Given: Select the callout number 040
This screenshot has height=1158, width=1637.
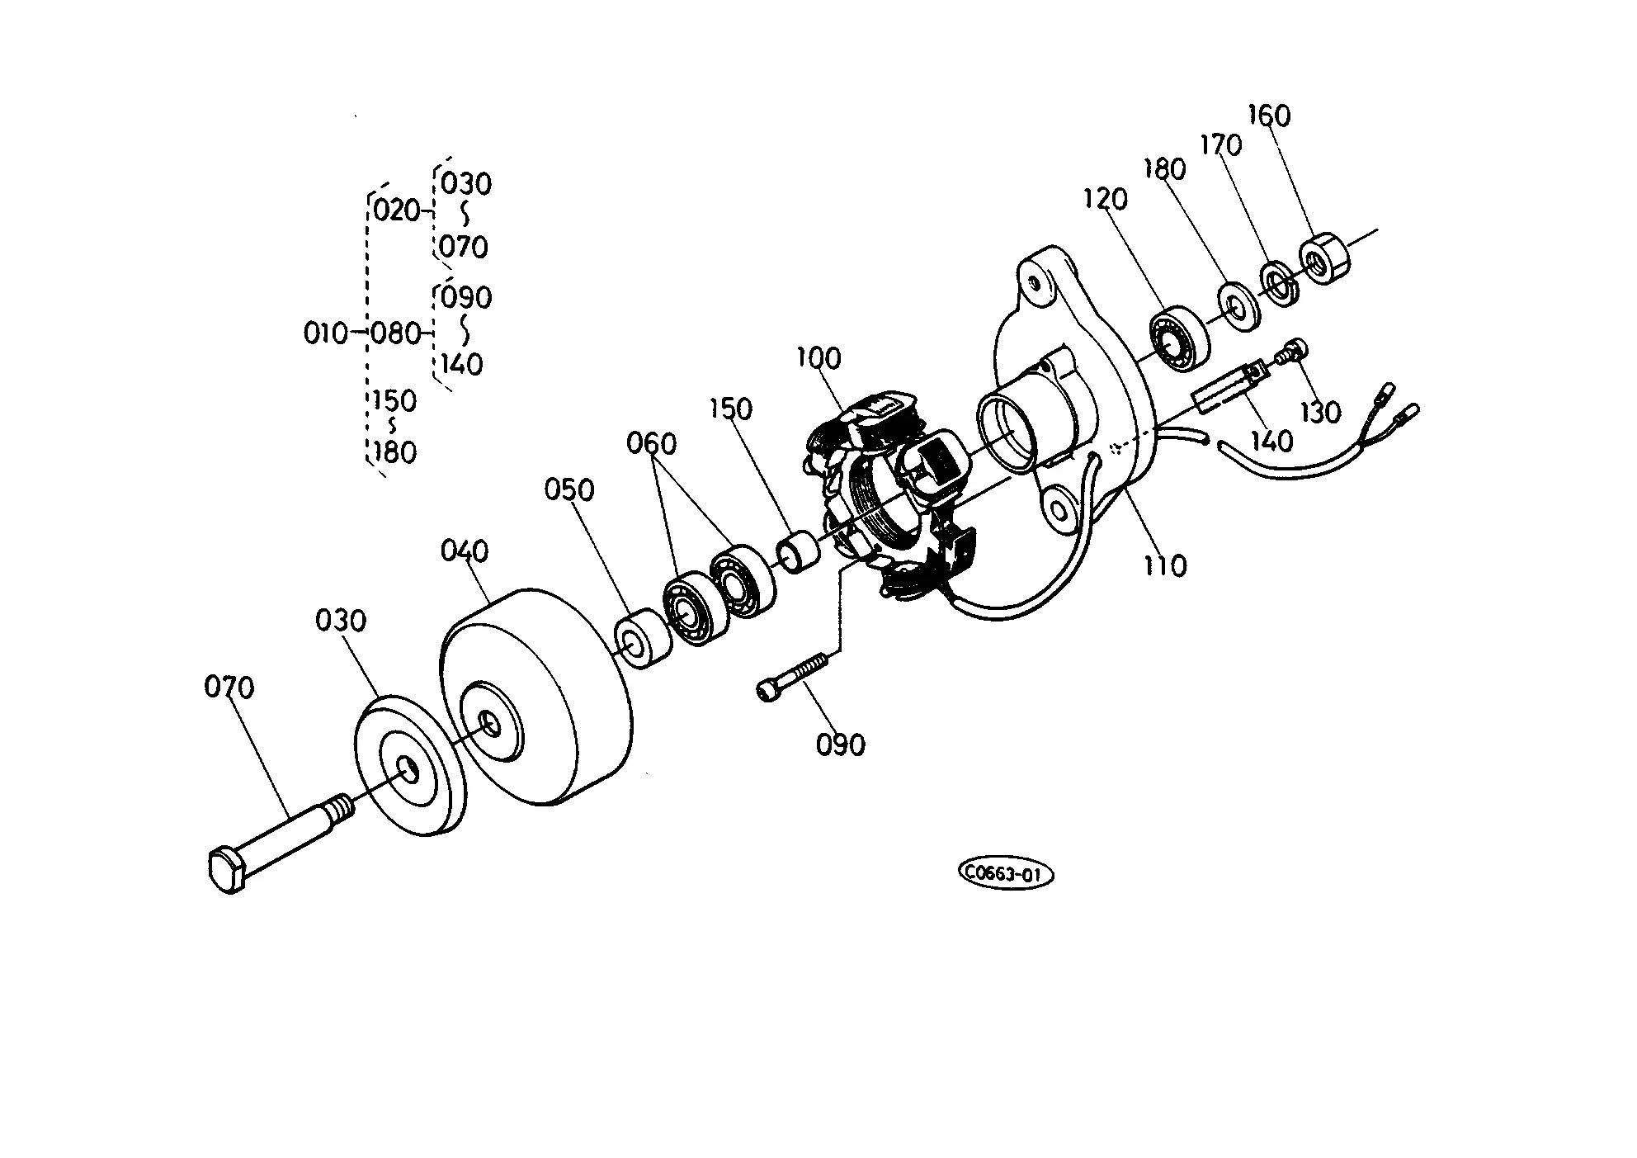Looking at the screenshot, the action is (x=465, y=551).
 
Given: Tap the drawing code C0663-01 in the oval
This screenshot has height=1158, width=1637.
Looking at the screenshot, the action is (x=1006, y=874).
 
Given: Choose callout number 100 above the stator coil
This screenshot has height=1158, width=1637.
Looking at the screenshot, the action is (x=818, y=358).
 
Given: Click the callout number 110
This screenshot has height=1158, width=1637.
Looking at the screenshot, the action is (x=1164, y=565).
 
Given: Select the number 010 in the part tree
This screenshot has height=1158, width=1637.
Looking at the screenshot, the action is (x=326, y=333).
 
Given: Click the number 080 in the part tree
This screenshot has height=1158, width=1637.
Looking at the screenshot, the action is (x=395, y=333).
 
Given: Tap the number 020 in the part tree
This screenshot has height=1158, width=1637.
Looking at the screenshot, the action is (x=397, y=210).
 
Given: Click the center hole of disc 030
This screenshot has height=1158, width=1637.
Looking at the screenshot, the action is (x=407, y=768).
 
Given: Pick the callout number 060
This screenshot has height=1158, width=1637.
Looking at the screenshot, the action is (x=651, y=443).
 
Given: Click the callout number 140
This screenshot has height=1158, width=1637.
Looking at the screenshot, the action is (x=1272, y=441).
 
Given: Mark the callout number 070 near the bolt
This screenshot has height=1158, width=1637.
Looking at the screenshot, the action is (x=229, y=687).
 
